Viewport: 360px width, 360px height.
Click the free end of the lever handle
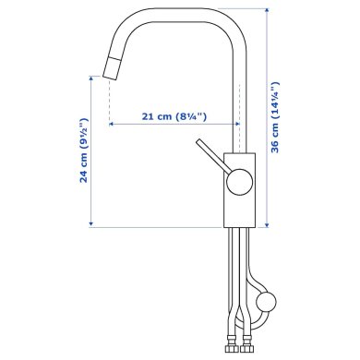click(x=198, y=145)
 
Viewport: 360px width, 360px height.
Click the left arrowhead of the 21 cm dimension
click(x=112, y=124)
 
